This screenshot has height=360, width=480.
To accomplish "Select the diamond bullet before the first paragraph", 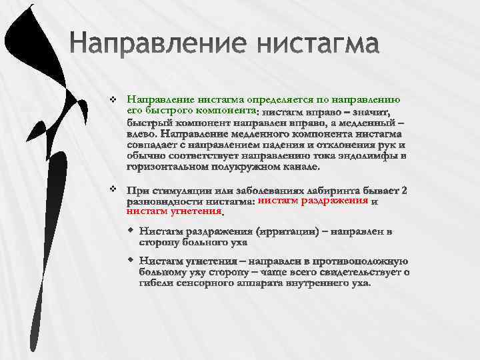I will [113, 99].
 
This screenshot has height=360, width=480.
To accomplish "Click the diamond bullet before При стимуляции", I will [113, 189].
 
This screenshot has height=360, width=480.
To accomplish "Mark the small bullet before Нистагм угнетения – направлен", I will [131, 259].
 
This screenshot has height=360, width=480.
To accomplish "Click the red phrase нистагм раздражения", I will [313, 201].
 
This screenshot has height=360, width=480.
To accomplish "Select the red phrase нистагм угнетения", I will [174, 211].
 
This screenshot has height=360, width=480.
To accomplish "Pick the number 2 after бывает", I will [404, 190].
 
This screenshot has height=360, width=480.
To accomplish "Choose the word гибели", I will [158, 283].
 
